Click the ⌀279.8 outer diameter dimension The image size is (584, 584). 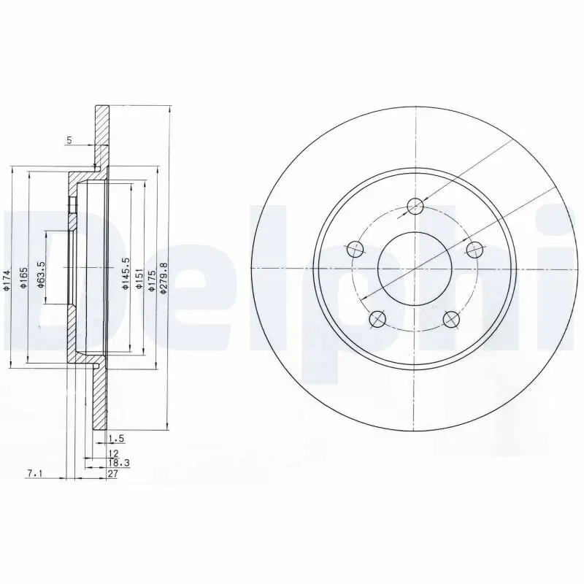164,278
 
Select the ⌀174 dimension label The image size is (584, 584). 6,280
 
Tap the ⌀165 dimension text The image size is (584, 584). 23,278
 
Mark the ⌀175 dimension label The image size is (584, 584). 151,280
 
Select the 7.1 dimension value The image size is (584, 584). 34,474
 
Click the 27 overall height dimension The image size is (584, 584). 112,474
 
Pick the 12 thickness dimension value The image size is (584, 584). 112,453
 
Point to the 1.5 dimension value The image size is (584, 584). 114,439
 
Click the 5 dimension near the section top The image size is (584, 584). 69,139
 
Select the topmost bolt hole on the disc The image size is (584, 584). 415,206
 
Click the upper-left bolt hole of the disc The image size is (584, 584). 356,249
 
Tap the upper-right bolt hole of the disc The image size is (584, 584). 474,249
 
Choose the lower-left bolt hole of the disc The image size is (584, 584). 377,318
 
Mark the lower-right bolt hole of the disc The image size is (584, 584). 452,318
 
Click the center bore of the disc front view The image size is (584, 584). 415,268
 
